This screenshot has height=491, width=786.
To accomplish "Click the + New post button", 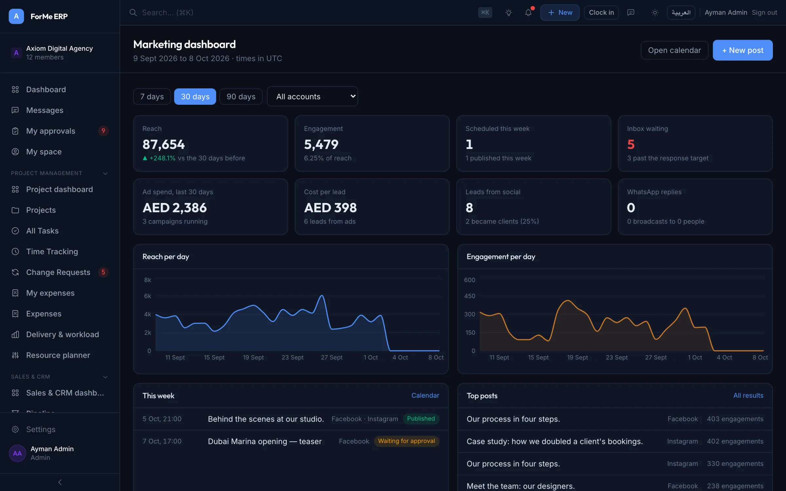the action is coord(742,50).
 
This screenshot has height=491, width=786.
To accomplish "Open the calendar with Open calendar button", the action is coord(674,50).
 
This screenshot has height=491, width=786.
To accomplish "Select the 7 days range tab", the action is coord(152,97).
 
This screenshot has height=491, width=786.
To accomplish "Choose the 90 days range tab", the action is coord(241,97).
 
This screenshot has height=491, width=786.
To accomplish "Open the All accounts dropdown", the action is coord(312,96).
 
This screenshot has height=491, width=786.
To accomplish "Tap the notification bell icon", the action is coord(528,13).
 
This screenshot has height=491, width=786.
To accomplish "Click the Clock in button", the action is coord(601,12).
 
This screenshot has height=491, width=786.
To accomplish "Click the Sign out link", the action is coord(764,12).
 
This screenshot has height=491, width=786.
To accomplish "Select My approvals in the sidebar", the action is coord(51,131).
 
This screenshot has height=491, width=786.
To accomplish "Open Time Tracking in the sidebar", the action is coord(52,251).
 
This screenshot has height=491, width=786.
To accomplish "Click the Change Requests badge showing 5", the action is coord(103,272).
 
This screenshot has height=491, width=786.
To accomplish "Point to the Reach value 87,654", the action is coord(163,144).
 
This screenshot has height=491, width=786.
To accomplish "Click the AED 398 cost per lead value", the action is coord(330,208).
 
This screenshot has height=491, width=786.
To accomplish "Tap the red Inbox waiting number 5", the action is coord(631,144).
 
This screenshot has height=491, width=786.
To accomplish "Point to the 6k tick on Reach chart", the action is coord(148,296).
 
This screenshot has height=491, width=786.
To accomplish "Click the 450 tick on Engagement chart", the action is coord(470,296).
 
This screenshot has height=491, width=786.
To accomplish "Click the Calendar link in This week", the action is coord(425,395).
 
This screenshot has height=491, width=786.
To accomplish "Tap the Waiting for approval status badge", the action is coord(406,441).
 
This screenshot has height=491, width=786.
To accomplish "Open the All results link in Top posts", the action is coord(748,395).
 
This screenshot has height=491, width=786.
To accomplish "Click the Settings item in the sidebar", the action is coord(41,429).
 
